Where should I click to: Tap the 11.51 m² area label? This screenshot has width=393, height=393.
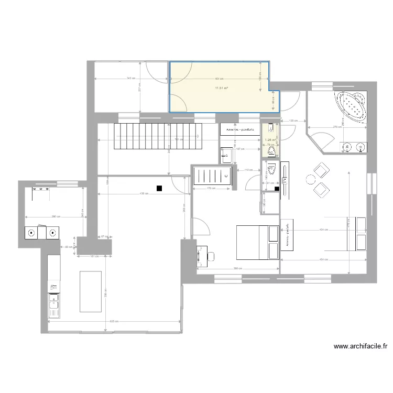coord(221,88)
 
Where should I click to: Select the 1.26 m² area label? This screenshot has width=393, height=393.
coord(270,140)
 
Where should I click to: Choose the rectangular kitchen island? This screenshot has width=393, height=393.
coord(90,291)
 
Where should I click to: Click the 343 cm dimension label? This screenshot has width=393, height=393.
coord(129,79)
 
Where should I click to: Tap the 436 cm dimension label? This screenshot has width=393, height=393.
coord(143,193)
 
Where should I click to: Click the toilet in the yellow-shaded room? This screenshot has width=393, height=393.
coord(271,151)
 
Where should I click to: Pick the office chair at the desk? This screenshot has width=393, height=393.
coord(212,256)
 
